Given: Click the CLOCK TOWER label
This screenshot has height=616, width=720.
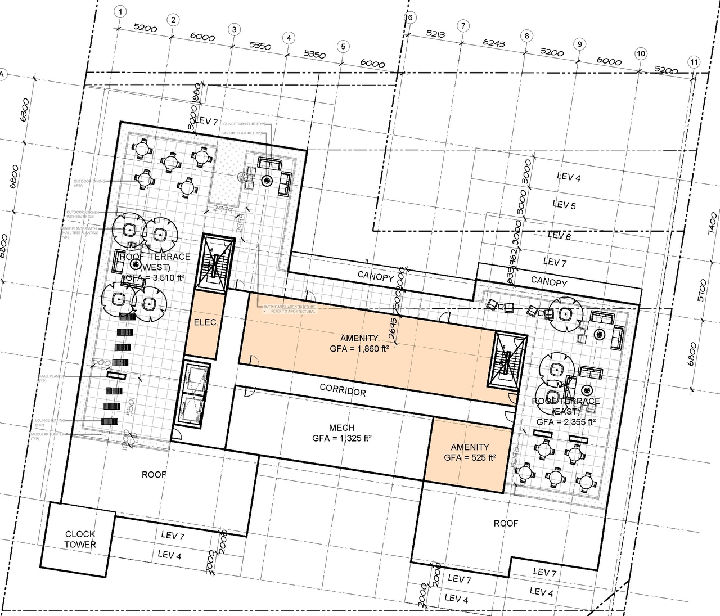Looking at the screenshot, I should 80,539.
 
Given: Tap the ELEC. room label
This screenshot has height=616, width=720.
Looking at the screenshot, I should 206,323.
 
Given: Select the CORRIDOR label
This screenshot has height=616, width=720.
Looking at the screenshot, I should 343,390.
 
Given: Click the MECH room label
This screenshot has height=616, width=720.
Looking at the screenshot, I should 341,428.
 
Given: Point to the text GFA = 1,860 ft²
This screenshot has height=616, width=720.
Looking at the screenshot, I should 359,348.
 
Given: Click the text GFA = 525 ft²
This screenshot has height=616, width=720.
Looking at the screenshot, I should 470,457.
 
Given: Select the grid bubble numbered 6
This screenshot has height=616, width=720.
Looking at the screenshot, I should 409,17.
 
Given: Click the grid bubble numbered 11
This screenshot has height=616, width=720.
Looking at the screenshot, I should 694,62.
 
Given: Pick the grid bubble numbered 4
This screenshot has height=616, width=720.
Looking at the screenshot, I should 289,38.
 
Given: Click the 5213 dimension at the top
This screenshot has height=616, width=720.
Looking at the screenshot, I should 435,34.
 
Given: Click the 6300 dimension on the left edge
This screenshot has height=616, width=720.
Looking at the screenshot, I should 24,110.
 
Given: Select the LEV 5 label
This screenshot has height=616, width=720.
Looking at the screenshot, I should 564,205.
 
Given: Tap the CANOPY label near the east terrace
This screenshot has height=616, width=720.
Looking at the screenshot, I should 548,281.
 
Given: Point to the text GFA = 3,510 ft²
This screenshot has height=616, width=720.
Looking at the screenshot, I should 155,278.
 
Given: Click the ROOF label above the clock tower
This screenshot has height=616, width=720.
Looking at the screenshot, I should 154,474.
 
